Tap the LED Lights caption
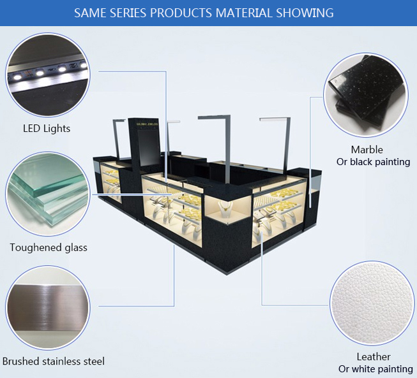click(47, 129)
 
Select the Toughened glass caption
click(49, 247)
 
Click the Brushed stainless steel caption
click(54, 361)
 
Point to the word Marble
click(367, 150)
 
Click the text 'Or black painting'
click(373, 162)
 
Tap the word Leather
click(374, 357)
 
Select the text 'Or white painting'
click(375, 368)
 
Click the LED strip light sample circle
click(48, 75)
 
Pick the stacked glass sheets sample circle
click(48, 194)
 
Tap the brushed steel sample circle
click(48, 308)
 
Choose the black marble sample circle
click(366, 95)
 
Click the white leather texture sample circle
click(372, 303)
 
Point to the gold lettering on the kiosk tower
click(147, 124)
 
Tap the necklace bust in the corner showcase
click(225, 208)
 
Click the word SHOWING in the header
click(305, 13)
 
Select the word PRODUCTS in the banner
click(181, 13)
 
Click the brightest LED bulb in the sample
click(17, 76)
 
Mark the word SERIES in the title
click(128, 13)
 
